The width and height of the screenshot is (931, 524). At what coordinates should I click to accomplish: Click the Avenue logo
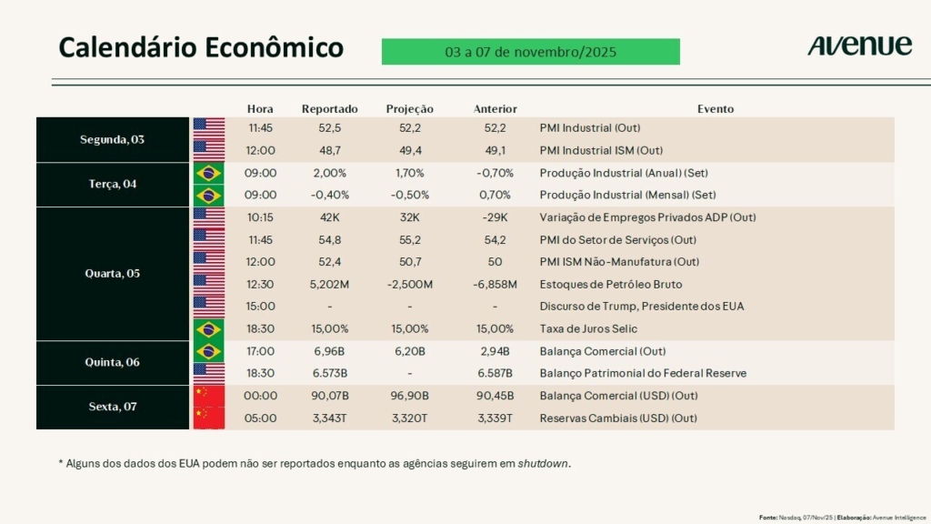pyautogui.click(x=859, y=46)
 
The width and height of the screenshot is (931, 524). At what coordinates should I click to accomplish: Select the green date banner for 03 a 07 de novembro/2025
pyautogui.click(x=530, y=52)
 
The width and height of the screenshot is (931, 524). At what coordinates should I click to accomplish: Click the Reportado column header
pyautogui.click(x=330, y=109)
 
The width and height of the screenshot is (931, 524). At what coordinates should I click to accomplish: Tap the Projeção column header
pyautogui.click(x=410, y=109)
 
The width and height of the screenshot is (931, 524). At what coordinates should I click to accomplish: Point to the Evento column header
pyautogui.click(x=716, y=109)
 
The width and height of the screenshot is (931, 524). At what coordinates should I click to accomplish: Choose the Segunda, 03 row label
pyautogui.click(x=112, y=140)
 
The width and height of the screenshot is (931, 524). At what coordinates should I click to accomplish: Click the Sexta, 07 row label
pyautogui.click(x=111, y=407)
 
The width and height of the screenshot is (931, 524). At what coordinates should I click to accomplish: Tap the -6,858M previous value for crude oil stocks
pyautogui.click(x=496, y=285)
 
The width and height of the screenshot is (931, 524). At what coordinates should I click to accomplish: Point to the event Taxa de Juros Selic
pyautogui.click(x=588, y=329)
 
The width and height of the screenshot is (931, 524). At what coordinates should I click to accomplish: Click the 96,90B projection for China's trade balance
pyautogui.click(x=410, y=396)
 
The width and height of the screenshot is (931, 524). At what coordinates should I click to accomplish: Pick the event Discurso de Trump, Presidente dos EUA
pyautogui.click(x=641, y=307)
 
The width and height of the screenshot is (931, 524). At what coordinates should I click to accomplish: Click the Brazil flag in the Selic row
pyautogui.click(x=209, y=329)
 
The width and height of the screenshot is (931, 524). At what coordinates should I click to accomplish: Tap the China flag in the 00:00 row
pyautogui.click(x=209, y=396)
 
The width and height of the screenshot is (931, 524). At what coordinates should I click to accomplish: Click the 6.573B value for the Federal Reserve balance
pyautogui.click(x=329, y=374)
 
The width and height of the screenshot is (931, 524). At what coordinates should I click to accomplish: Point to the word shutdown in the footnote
pyautogui.click(x=544, y=464)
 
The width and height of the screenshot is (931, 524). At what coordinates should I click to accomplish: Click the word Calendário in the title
pyautogui.click(x=125, y=47)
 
